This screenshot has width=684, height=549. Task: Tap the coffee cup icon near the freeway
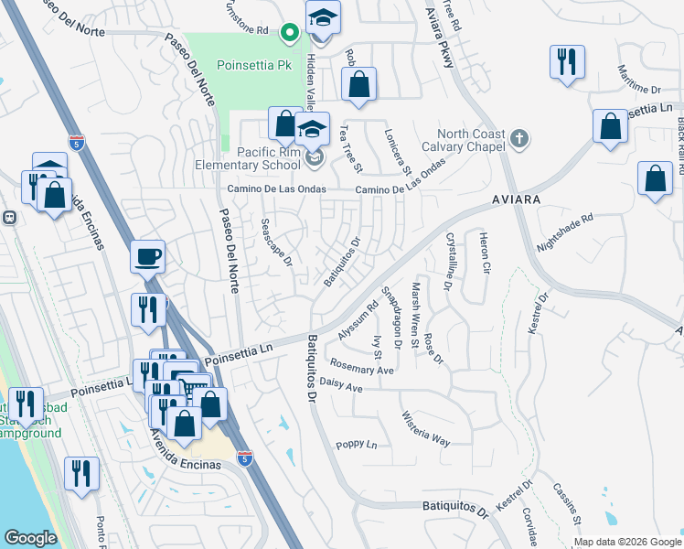(147, 256)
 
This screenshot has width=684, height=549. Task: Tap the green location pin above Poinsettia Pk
(290, 34)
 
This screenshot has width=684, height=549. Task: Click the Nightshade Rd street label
(565, 232)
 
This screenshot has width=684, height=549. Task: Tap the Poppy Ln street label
(357, 445)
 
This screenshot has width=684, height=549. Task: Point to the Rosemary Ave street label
(363, 371)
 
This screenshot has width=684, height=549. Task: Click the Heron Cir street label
(485, 254)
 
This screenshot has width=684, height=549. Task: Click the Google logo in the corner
(30, 538)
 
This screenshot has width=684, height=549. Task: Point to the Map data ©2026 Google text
(626, 542)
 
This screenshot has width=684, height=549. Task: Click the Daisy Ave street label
(344, 388)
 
